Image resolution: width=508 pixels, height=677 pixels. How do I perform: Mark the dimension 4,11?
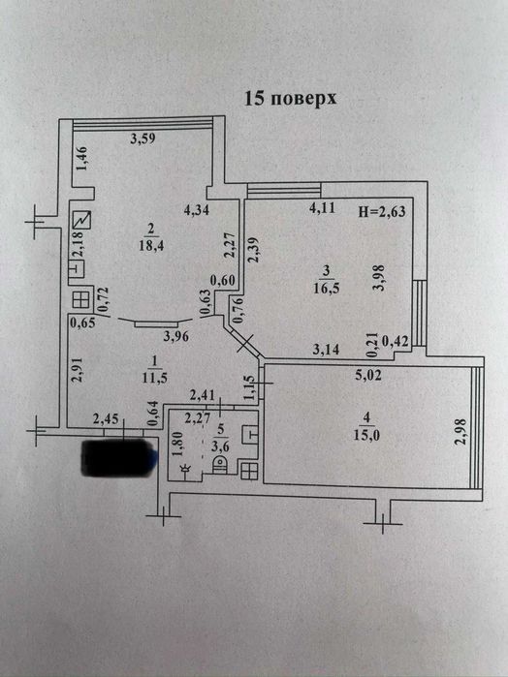[322, 208]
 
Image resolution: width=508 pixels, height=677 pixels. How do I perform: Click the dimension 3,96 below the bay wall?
[175, 337]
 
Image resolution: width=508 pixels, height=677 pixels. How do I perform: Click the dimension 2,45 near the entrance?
[106, 418]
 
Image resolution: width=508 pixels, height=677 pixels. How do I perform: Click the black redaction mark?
[118, 455]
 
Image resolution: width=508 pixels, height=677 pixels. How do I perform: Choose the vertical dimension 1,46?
[83, 159]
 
